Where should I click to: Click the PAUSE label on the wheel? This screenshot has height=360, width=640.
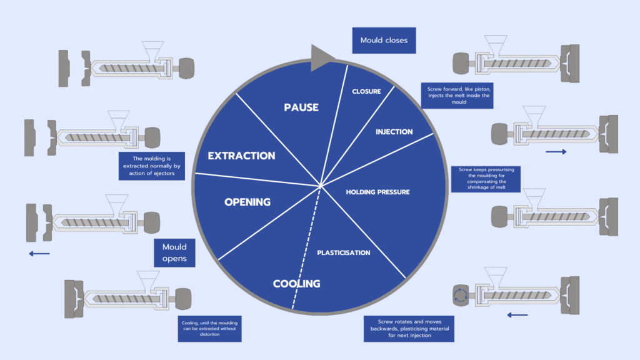click(x=301, y=107)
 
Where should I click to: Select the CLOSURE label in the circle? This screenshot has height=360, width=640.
click(x=366, y=92)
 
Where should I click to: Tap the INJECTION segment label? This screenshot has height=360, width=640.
click(x=394, y=132)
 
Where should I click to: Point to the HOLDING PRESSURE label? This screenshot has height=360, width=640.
click(x=377, y=192)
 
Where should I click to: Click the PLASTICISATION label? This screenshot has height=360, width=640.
click(x=343, y=252)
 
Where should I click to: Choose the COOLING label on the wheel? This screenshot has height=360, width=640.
click(x=296, y=284)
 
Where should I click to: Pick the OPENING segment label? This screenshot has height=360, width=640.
click(x=247, y=202)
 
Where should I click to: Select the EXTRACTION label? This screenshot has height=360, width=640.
click(x=241, y=156)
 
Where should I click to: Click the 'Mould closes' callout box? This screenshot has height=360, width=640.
click(x=384, y=41)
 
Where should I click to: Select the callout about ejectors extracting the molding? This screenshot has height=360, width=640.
click(x=152, y=166)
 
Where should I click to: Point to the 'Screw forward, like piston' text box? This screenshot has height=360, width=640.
click(x=459, y=95)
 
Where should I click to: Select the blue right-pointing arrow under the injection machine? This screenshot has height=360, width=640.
click(x=556, y=151)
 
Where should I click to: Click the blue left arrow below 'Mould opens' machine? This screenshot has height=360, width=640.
click(x=39, y=253)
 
